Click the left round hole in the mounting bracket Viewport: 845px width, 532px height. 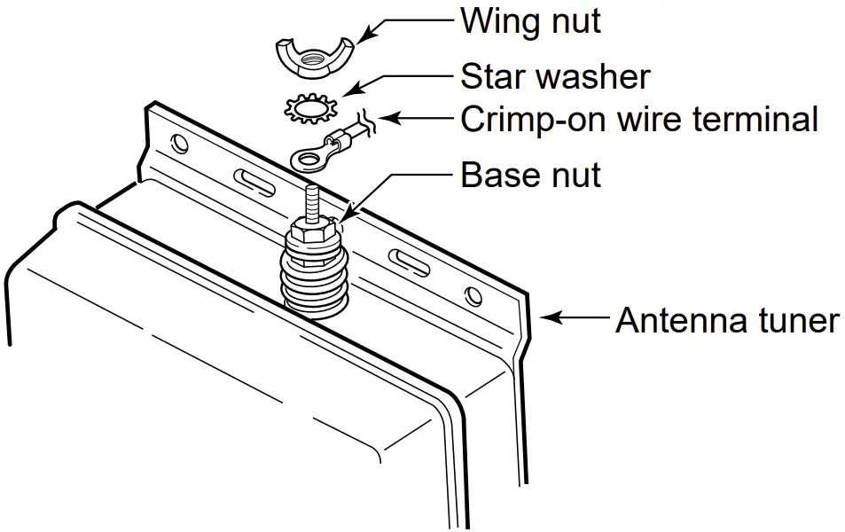coord(180,143)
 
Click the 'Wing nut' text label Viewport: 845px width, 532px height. coord(529,21)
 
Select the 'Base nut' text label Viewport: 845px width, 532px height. coord(529,175)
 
